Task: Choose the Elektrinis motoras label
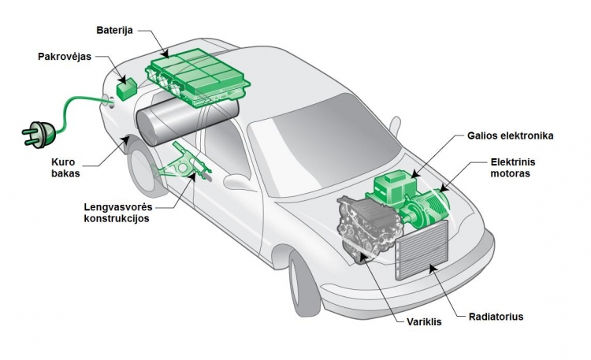click(513, 169)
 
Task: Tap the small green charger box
click(127, 87)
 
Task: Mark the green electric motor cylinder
click(426, 208)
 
